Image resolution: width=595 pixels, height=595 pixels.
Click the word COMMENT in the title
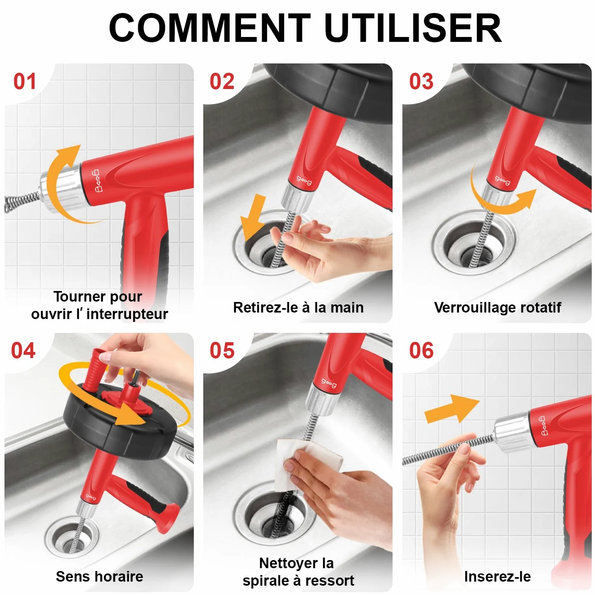tap(210, 28)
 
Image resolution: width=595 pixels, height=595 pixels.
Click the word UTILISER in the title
tap(413, 28)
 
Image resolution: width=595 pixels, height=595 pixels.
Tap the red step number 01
tap(24, 82)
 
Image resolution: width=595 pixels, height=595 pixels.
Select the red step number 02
tap(222, 82)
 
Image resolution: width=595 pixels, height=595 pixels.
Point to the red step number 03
tap(421, 82)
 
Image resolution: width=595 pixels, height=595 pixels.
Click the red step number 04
tap(24, 351)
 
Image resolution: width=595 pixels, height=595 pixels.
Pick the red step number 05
tap(222, 351)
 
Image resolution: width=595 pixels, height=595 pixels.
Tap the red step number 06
tap(421, 351)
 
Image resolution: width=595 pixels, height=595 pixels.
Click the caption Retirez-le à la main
tap(298, 308)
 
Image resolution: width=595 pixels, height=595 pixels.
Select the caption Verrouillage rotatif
tap(497, 308)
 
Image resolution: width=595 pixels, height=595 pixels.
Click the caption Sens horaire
tap(100, 576)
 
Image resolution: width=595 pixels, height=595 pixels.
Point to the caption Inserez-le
tap(497, 576)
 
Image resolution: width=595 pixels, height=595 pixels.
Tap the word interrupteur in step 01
tap(127, 314)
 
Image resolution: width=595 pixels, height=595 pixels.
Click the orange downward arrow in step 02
tap(253, 217)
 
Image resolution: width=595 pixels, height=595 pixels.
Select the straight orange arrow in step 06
tap(452, 408)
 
